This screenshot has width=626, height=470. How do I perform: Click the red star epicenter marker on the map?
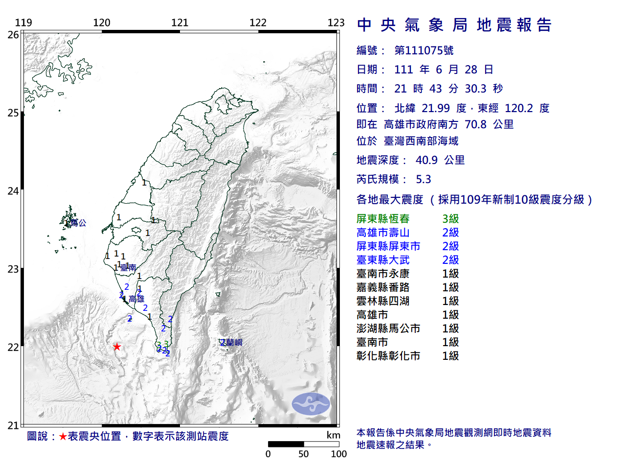pos(117,347)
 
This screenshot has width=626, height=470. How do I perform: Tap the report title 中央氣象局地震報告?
pos(454,25)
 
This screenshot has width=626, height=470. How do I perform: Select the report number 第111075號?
pos(424,50)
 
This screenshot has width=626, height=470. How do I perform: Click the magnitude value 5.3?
pos(424,179)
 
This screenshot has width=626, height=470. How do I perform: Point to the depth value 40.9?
pos(426,160)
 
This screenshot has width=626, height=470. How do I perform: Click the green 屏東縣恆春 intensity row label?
pos(383,219)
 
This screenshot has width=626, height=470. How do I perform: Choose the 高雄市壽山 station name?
pos(383,233)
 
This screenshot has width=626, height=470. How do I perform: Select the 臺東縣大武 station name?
pos(383,260)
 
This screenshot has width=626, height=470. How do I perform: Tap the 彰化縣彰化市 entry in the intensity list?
pos(388,356)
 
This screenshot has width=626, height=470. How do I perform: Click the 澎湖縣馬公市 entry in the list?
pos(388,329)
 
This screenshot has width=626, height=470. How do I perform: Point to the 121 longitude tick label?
pos(179,23)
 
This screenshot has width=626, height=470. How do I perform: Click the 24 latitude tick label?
pos(13,191)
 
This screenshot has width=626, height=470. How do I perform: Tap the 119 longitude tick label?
pos(23,23)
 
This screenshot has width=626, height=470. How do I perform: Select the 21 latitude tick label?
pos(13,425)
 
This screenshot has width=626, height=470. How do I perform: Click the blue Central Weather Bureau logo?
pos(311,404)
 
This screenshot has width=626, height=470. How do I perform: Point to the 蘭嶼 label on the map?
pos(232,342)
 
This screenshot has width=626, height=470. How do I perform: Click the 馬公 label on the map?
pos(78,223)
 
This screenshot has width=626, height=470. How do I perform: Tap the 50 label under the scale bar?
pos(304,454)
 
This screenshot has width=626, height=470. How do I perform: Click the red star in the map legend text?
pos(63,436)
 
